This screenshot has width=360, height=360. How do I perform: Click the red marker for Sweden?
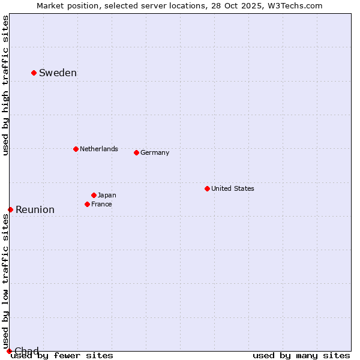34,73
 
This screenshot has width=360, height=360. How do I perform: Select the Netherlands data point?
76,149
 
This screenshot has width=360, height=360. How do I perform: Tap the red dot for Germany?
136,152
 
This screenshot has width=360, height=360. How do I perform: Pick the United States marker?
207,188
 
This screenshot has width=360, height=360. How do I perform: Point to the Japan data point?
94,195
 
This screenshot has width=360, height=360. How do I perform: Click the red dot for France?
87,204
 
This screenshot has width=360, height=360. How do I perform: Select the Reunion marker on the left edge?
10,209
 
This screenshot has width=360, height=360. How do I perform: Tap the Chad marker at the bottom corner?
9,351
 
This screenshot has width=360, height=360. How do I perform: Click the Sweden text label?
58,73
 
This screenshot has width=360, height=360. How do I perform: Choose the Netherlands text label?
98,149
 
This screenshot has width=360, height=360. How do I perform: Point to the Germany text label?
155,152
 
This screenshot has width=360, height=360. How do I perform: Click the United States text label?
232,188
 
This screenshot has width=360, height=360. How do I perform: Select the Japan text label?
107,195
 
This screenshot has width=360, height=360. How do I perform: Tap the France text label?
101,204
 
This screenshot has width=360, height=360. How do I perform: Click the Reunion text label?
35,210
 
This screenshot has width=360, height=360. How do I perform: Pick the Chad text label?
26,351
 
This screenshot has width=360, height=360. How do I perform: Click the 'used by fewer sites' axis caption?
62,356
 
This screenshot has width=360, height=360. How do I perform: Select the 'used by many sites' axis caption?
301,356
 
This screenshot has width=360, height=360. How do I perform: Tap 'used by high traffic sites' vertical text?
5,85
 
